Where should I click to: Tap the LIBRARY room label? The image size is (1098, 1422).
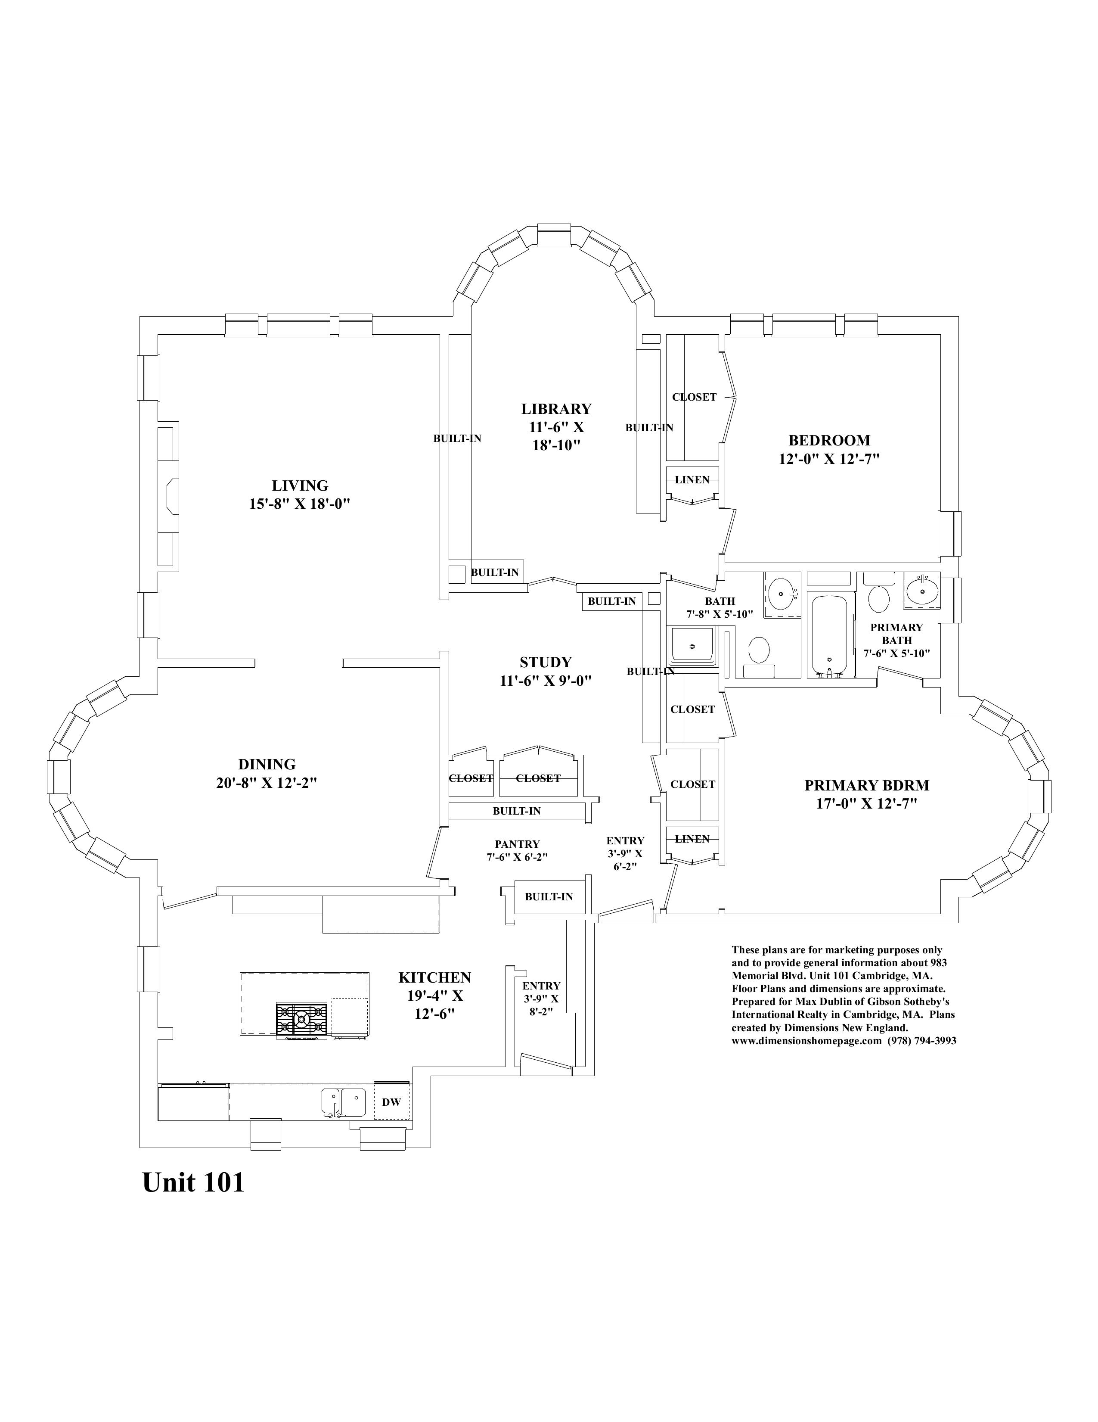(x=556, y=409)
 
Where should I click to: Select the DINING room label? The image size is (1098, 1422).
(x=267, y=764)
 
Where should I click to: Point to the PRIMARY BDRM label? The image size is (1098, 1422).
(x=867, y=785)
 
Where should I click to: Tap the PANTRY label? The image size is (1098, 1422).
(x=518, y=844)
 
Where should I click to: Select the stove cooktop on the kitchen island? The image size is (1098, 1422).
(x=301, y=1020)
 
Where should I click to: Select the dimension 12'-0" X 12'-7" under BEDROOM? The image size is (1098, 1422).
(x=829, y=458)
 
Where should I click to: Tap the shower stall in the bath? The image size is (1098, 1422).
(x=692, y=646)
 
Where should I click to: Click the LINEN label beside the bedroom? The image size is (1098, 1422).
(x=692, y=480)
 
